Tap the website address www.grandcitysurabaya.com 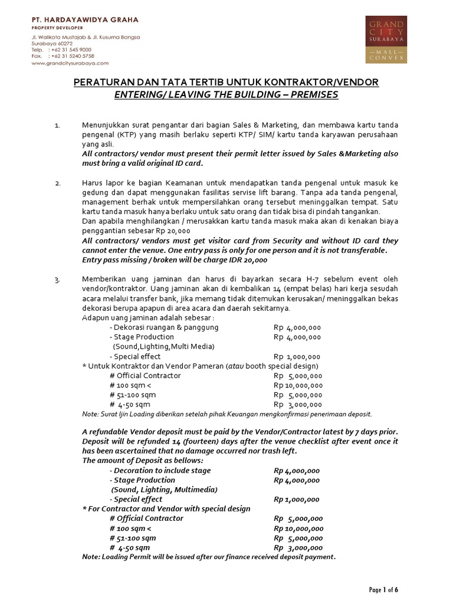pyautogui.click(x=70, y=63)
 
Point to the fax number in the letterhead pyautogui.click(x=73, y=56)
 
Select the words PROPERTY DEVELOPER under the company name pyautogui.click(x=57, y=28)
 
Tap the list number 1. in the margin pyautogui.click(x=57, y=126)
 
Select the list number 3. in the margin pyautogui.click(x=58, y=280)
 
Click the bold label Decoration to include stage pyautogui.click(x=162, y=471)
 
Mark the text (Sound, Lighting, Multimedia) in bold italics pyautogui.click(x=165, y=490)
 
